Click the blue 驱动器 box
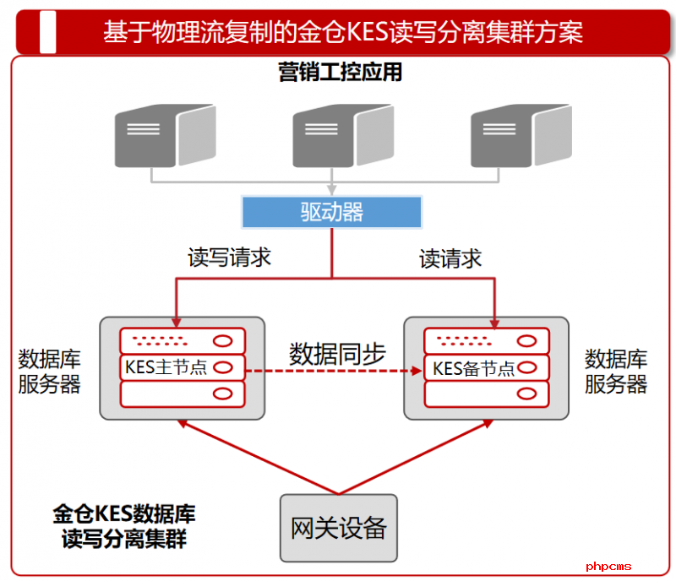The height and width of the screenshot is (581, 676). [331, 211]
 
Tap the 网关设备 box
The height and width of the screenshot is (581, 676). [338, 529]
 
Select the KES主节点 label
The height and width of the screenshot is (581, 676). [166, 367]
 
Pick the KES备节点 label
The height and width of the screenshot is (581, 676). [473, 368]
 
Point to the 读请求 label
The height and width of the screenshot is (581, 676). [450, 258]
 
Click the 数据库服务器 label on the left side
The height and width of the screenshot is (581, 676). [50, 372]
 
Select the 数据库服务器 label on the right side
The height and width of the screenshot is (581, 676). [616, 372]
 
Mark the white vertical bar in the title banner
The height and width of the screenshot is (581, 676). [48, 32]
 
